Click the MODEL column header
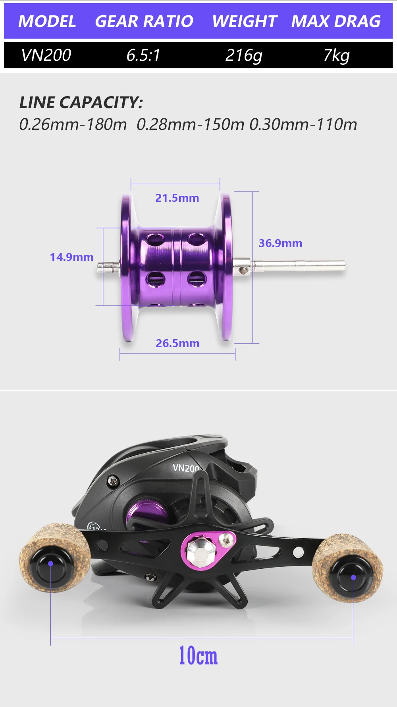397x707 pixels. pyautogui.click(x=47, y=21)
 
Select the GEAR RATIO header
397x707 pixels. pyautogui.click(x=144, y=21)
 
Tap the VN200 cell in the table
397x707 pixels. pyautogui.click(x=46, y=55)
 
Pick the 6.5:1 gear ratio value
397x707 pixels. pyautogui.click(x=143, y=55)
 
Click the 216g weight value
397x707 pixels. pyautogui.click(x=244, y=56)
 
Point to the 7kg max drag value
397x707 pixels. pyautogui.click(x=336, y=56)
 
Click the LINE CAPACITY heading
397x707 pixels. pyautogui.click(x=81, y=102)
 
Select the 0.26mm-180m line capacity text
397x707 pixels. pyautogui.click(x=73, y=124)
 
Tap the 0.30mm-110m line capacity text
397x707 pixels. pyautogui.click(x=303, y=124)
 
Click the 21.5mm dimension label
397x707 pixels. pyautogui.click(x=177, y=198)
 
